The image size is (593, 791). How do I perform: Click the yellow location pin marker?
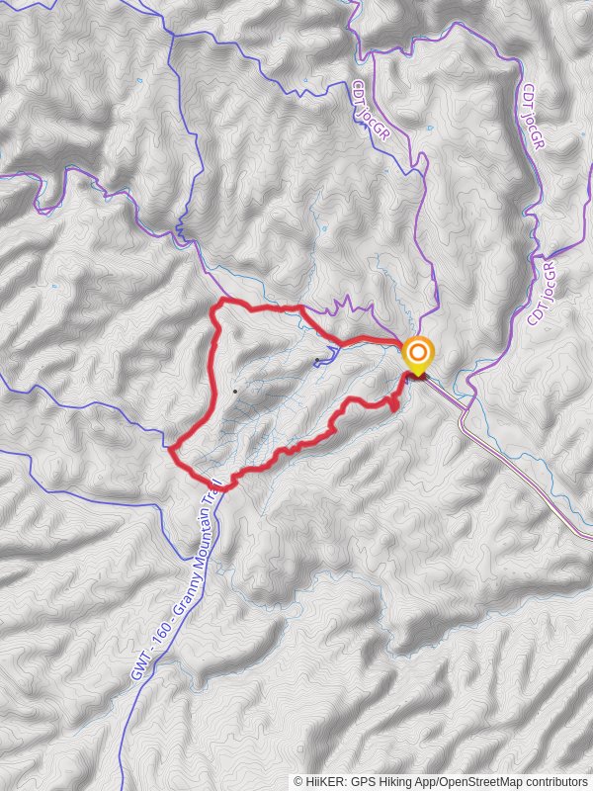coord(418,354)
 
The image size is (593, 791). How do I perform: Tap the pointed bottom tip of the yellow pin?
coord(418,377)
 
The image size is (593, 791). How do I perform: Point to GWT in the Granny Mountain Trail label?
coord(140,667)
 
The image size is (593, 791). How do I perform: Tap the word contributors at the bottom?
coord(553,781)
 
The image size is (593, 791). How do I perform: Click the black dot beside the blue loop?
coord(316,359)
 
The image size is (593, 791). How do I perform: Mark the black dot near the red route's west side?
coord(234,391)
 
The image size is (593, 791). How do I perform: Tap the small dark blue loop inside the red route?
coord(326,356)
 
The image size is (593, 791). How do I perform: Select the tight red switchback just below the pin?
coord(395,403)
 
